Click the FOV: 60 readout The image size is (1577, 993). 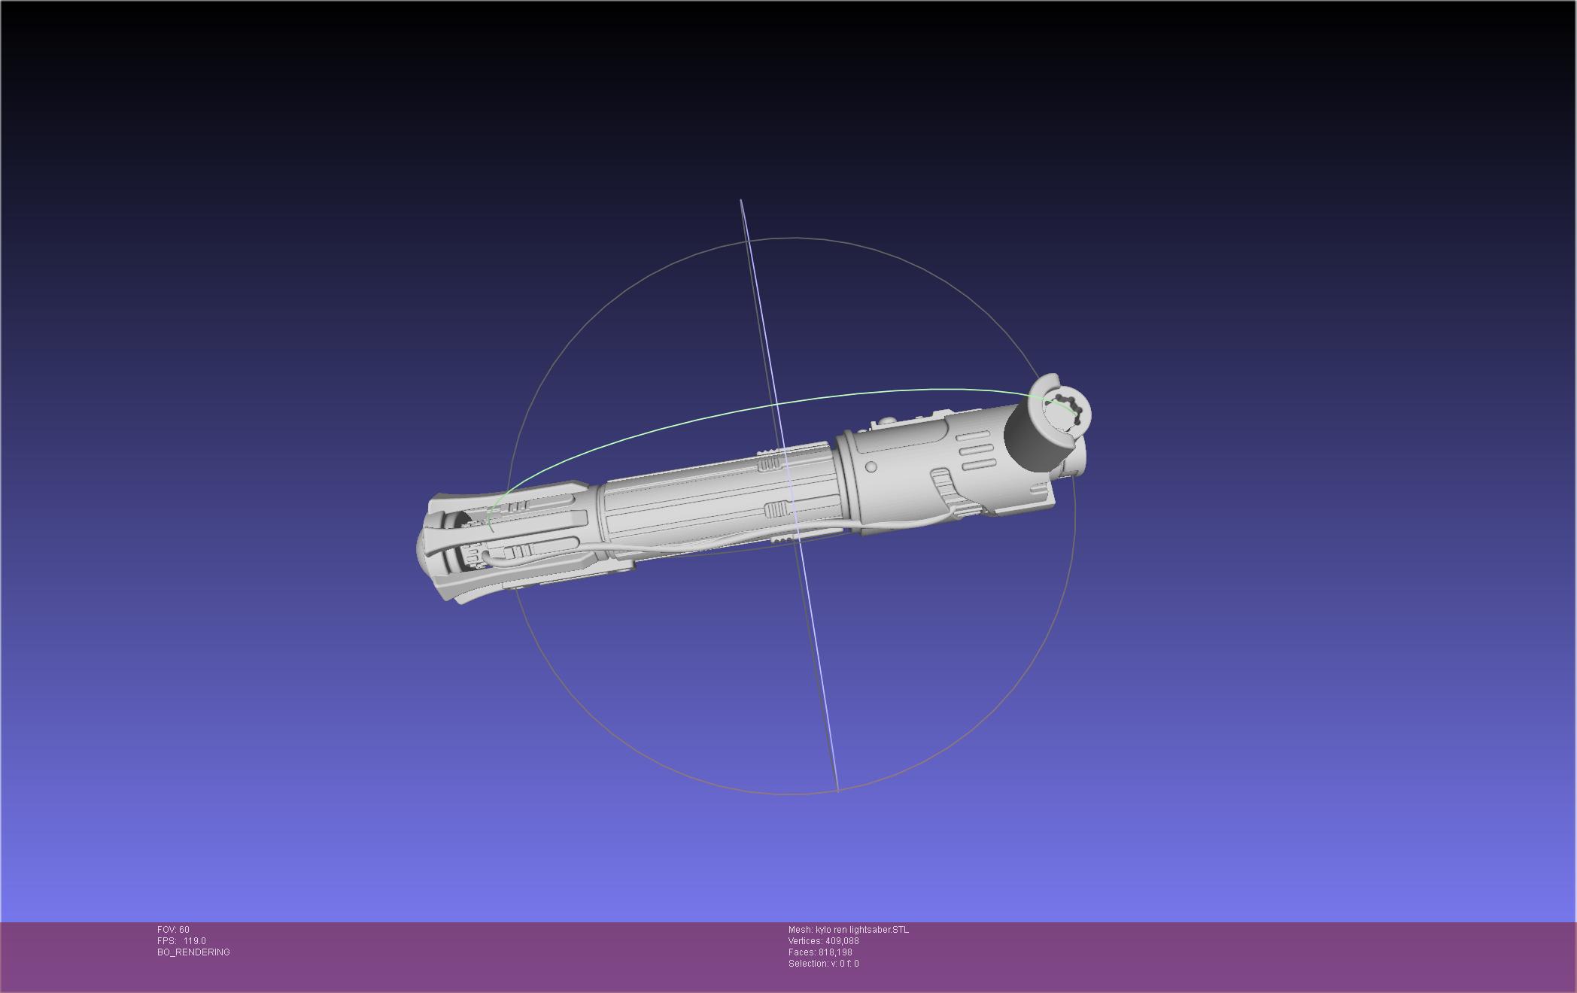coord(173,930)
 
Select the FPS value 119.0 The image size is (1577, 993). coord(194,941)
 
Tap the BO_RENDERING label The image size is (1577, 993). coord(193,952)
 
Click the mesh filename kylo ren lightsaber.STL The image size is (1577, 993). coord(862,930)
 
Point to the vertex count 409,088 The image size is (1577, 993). coord(842,941)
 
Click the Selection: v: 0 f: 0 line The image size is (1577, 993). coord(823,964)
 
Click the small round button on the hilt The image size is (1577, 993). coord(871,466)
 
